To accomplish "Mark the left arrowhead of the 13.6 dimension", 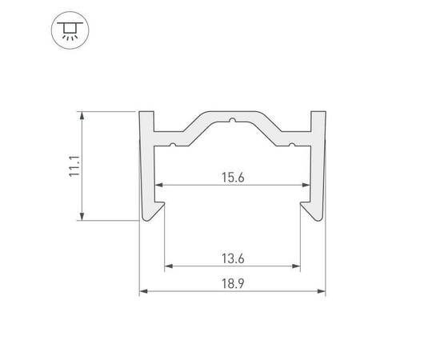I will point(168,266).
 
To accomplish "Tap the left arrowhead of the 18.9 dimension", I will point(143,292).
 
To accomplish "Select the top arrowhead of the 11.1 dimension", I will point(81,115).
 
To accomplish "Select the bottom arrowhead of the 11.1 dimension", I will point(81,216).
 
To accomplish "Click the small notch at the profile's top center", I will point(232,122).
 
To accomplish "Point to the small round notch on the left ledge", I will point(170,145).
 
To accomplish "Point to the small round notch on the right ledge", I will point(293,145).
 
